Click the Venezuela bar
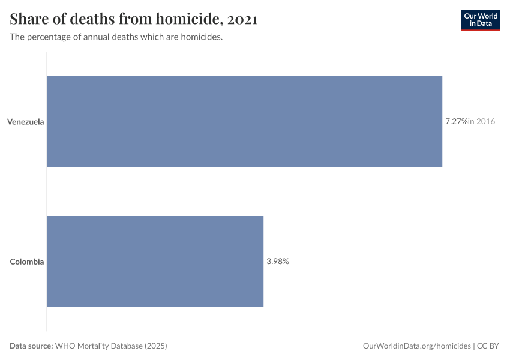pyautogui.click(x=245, y=122)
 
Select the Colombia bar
pyautogui.click(x=155, y=262)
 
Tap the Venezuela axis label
pyautogui.click(x=25, y=122)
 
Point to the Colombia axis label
pyautogui.click(x=26, y=262)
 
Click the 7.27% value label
pyautogui.click(x=457, y=121)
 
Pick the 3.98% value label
pyautogui.click(x=278, y=261)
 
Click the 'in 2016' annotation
pyautogui.click(x=481, y=121)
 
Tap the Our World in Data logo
pyautogui.click(x=481, y=20)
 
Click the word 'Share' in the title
pyautogui.click(x=29, y=19)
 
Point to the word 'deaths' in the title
pyautogui.click(x=92, y=19)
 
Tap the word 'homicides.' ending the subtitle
pyautogui.click(x=202, y=37)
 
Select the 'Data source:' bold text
pyautogui.click(x=31, y=346)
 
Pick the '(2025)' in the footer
pyautogui.click(x=156, y=346)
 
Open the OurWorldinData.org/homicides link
pyautogui.click(x=416, y=346)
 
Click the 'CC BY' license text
pyautogui.click(x=488, y=346)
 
